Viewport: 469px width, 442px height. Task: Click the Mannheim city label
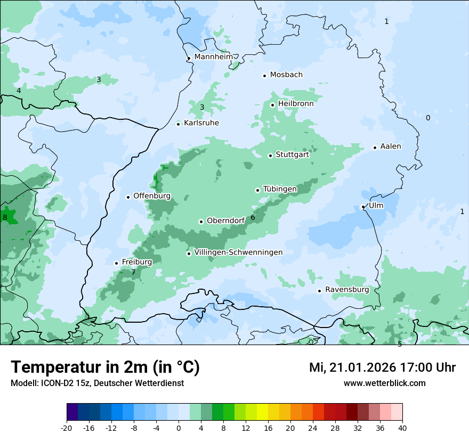[214, 57]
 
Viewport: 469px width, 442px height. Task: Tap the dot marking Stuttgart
[270, 155]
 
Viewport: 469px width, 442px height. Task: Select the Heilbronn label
[296, 104]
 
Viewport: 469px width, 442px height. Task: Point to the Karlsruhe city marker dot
[179, 124]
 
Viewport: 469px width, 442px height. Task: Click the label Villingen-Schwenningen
[238, 252]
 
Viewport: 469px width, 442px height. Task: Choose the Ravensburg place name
[346, 290]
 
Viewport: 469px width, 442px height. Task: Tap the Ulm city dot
[363, 207]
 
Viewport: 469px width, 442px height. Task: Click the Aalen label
[391, 146]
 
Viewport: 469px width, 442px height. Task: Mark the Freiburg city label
[136, 262]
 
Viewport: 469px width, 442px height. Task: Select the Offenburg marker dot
[128, 197]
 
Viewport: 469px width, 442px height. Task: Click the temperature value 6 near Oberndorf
[253, 217]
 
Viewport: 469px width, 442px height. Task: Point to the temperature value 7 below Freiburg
[133, 272]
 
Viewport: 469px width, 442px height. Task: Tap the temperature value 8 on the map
[5, 217]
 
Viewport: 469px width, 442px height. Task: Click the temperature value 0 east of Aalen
[427, 118]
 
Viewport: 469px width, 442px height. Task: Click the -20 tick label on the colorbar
[67, 428]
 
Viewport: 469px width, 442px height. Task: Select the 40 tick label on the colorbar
[402, 428]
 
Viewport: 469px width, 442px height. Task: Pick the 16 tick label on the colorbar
[268, 428]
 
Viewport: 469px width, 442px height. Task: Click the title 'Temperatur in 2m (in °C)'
[105, 367]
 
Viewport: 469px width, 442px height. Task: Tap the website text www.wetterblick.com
[384, 383]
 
